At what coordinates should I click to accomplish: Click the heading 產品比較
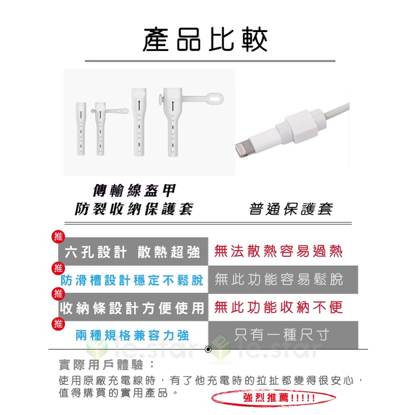[205, 40]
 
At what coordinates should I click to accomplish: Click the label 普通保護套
[290, 209]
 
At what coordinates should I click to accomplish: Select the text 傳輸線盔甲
[134, 190]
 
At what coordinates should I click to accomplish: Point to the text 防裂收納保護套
[134, 209]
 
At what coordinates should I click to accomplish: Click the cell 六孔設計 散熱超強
[133, 251]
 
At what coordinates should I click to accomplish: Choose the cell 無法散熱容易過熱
[278, 251]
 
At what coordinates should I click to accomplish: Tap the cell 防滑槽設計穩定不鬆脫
[132, 280]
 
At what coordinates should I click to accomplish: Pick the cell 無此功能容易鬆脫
[283, 279]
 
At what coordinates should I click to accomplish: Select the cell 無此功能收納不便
[278, 307]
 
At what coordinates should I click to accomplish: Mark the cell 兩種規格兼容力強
[132, 336]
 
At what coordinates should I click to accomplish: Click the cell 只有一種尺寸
[283, 335]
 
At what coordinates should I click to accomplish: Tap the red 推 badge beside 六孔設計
[58, 237]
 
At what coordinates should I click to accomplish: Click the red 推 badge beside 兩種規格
[58, 324]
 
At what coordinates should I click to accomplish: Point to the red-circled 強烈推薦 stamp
[274, 397]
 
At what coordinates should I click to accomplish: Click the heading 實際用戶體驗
[107, 365]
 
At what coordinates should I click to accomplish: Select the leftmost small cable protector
[81, 128]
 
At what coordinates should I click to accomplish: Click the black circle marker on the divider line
[208, 349]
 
